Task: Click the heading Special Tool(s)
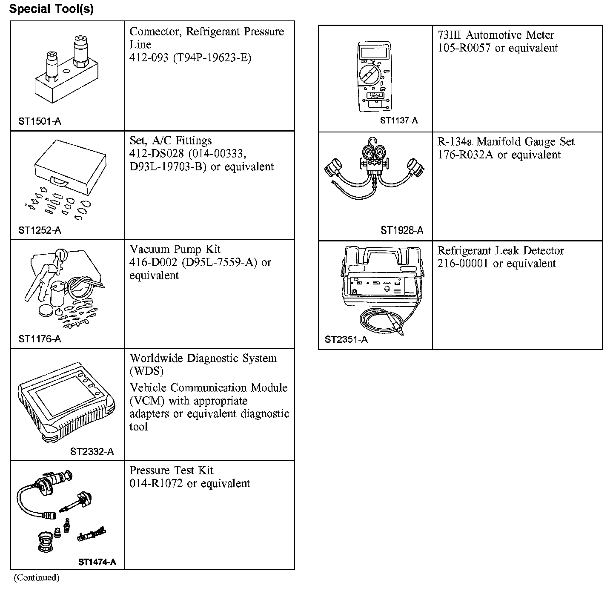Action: (52, 9)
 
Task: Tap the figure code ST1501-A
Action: (40, 121)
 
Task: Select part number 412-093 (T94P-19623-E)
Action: (190, 57)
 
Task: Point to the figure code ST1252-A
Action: (40, 230)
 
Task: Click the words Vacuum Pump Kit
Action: (175, 249)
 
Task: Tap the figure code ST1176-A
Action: (40, 339)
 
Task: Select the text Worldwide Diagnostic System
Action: (203, 358)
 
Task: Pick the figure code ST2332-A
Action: (92, 452)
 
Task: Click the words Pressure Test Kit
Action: (171, 471)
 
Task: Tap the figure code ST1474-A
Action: (97, 562)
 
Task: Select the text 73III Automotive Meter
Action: (496, 35)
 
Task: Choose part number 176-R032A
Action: (465, 155)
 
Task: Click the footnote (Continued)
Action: (36, 578)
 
